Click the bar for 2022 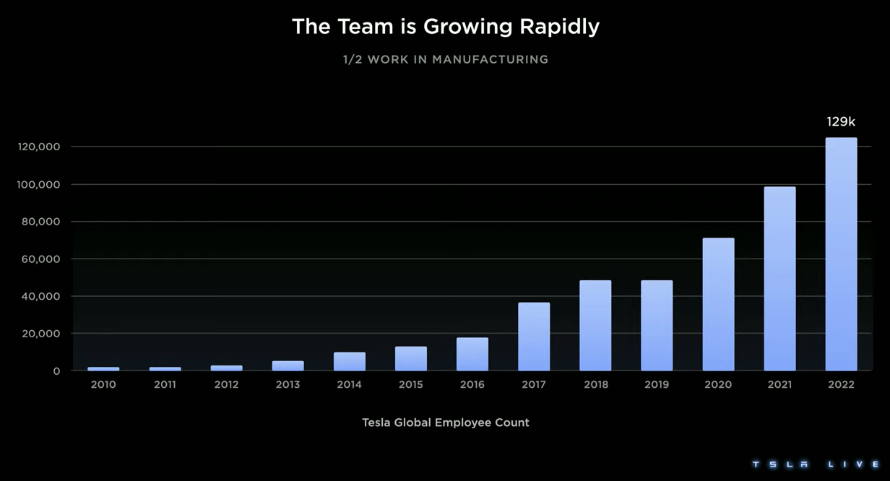tap(841, 254)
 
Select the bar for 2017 tap(534, 337)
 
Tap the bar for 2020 tap(718, 304)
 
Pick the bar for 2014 tap(350, 361)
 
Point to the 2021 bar tap(779, 279)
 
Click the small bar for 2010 tap(103, 368)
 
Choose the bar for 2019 tap(657, 326)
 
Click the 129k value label tap(841, 122)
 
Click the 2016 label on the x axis tap(472, 385)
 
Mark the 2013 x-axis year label tap(288, 385)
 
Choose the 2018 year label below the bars tap(596, 385)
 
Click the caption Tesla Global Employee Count tap(446, 422)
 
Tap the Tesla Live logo tap(815, 464)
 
